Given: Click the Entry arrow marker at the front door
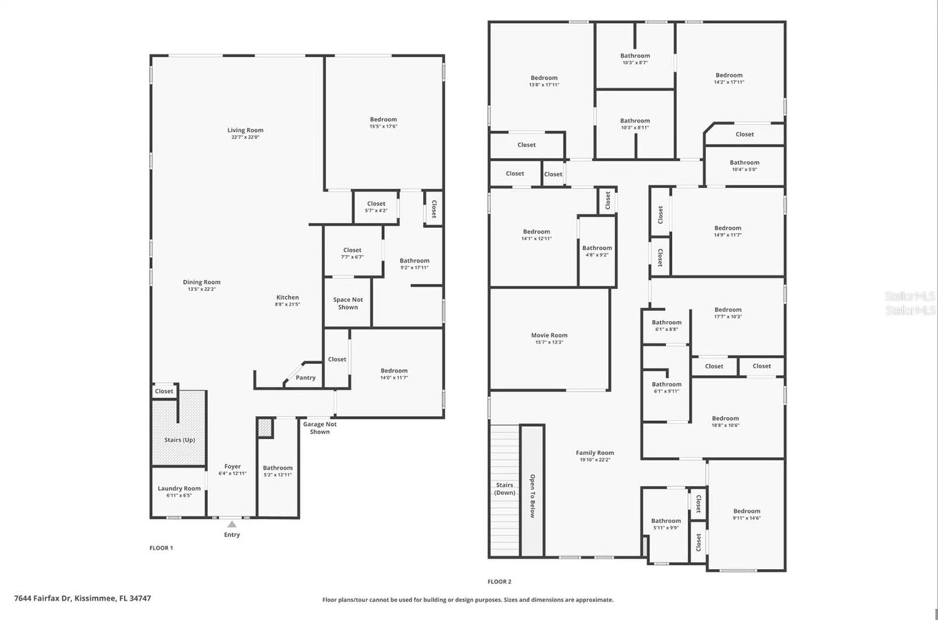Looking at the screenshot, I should [232, 524].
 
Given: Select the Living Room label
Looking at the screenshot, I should [245, 130].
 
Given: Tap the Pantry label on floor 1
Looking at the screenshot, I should [305, 378].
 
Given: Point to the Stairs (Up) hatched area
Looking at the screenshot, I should [179, 440].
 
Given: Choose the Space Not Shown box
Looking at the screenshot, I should [348, 303].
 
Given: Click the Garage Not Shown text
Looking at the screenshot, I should [320, 428].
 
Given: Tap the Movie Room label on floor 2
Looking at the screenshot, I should [549, 336].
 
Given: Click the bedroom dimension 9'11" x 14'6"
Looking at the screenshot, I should [746, 519].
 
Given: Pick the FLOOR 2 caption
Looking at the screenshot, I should [499, 582].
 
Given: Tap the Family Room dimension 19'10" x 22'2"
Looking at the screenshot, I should [594, 460].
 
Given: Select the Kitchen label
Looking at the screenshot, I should [287, 297].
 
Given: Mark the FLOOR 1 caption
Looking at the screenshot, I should [161, 548].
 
